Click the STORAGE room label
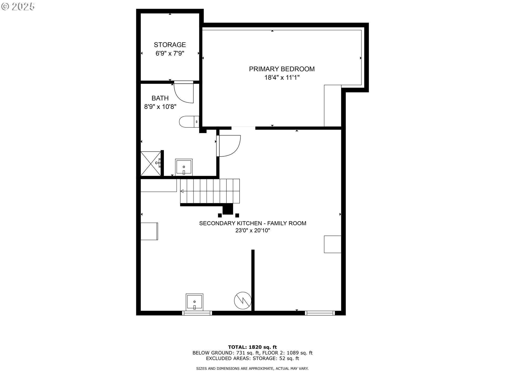tap(170, 45)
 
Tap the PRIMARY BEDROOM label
tap(282, 69)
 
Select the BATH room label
tap(160, 98)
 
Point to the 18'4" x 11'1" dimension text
tap(282, 78)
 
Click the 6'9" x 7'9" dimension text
tap(170, 53)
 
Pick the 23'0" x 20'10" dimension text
tap(253, 231)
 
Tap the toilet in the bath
tap(189, 122)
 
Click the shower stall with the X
tap(151, 163)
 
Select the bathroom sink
tap(184, 167)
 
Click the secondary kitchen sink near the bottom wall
tap(194, 302)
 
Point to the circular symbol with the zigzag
tap(243, 300)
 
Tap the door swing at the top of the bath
tap(184, 92)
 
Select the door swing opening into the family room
tap(228, 146)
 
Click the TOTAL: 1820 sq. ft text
tap(252, 347)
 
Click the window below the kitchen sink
tap(197, 313)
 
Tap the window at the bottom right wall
tap(320, 313)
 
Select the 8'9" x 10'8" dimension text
tap(160, 107)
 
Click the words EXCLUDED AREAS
tap(228, 358)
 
